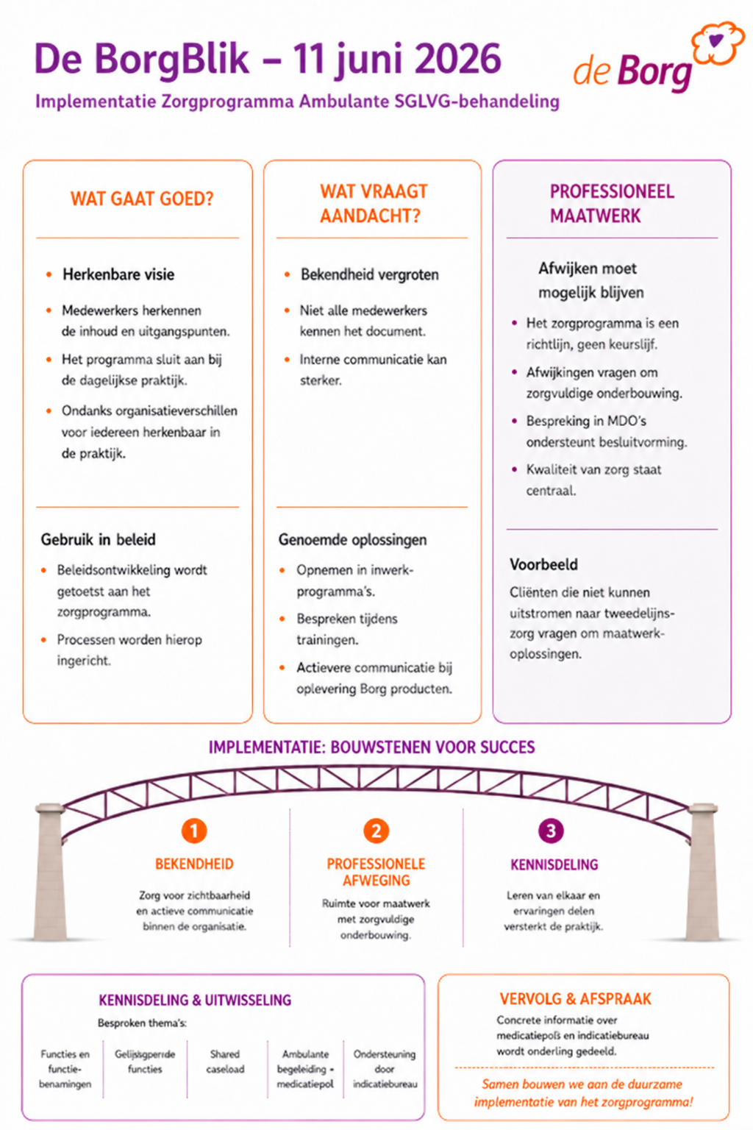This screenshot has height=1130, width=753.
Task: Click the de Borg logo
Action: pyautogui.click(x=658, y=58)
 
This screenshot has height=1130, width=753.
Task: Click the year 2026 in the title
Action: pyautogui.click(x=458, y=59)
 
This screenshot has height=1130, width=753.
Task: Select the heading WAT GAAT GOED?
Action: pyautogui.click(x=142, y=199)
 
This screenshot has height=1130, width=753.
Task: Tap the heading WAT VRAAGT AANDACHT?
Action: pyautogui.click(x=374, y=204)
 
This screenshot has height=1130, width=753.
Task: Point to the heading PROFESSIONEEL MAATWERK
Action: pyautogui.click(x=612, y=204)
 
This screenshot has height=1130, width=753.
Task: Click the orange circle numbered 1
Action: pyautogui.click(x=194, y=831)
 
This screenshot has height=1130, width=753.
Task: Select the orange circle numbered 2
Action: pyautogui.click(x=376, y=831)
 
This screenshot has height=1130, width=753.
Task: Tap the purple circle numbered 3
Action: pyautogui.click(x=551, y=831)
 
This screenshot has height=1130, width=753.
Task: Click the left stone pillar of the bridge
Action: pyautogui.click(x=49, y=872)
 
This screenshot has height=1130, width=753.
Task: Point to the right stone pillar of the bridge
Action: pyautogui.click(x=702, y=872)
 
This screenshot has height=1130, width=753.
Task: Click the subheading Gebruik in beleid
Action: pyautogui.click(x=99, y=540)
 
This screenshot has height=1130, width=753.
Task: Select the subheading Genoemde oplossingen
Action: pyautogui.click(x=352, y=540)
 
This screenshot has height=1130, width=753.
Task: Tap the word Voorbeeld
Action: pyautogui.click(x=543, y=564)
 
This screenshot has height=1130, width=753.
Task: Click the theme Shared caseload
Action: pyautogui.click(x=225, y=1062)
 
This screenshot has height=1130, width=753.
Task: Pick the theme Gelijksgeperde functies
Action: pyautogui.click(x=145, y=1062)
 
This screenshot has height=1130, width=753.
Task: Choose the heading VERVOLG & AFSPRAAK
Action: pyautogui.click(x=576, y=999)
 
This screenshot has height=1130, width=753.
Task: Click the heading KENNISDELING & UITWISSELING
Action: pyautogui.click(x=195, y=1000)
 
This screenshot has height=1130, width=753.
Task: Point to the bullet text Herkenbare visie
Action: pyautogui.click(x=118, y=274)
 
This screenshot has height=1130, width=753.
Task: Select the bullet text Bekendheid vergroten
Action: pyautogui.click(x=370, y=275)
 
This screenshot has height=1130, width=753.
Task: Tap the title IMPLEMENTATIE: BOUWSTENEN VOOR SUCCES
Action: pyautogui.click(x=371, y=747)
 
